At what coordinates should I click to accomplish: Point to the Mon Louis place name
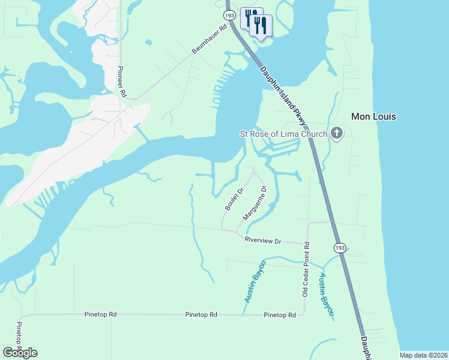pyautogui.click(x=373, y=116)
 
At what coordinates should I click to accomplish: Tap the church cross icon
pyautogui.click(x=337, y=133)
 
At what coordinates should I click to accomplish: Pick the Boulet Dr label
pyautogui.click(x=234, y=199)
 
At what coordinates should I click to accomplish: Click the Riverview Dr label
pyautogui.click(x=263, y=241)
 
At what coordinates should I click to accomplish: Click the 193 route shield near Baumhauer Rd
pyautogui.click(x=229, y=14)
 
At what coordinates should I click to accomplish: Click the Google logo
pyautogui.click(x=20, y=352)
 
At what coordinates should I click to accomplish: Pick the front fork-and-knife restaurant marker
pyautogui.click(x=260, y=25)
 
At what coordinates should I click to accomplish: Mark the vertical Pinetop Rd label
pyautogui.click(x=19, y=337)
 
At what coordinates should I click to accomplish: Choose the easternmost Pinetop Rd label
pyautogui.click(x=280, y=315)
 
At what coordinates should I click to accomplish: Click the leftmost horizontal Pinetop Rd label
pyautogui.click(x=101, y=314)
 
